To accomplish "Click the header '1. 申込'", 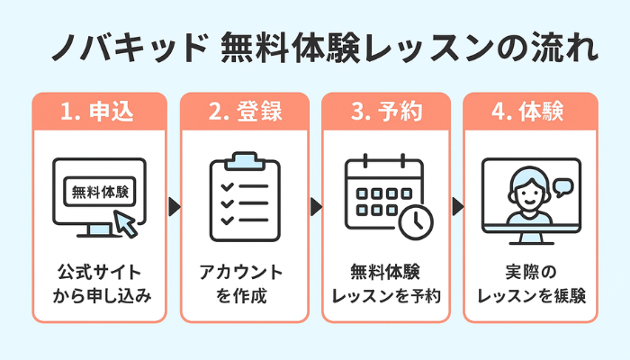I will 100,112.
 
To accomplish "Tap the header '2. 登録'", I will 240,112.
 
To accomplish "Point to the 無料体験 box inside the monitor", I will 99,192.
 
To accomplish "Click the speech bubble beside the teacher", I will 564,188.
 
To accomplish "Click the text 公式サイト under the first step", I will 99,271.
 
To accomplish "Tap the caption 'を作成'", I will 240,294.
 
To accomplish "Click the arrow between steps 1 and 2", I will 174,207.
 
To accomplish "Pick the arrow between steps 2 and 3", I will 315,207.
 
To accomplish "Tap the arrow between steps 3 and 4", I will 456,207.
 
